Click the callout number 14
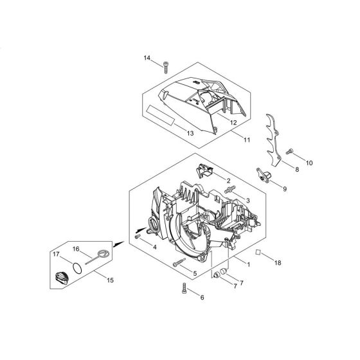(147, 59)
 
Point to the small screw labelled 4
(138, 238)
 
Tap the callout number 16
(75, 248)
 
